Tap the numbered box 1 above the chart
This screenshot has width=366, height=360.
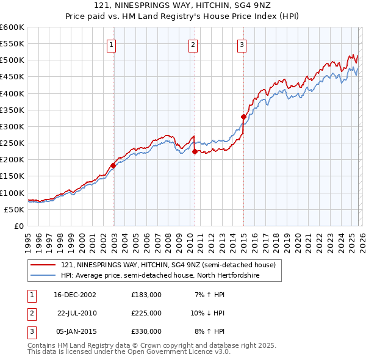(113, 44)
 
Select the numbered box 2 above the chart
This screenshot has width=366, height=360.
(193, 44)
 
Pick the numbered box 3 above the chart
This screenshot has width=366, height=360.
(242, 44)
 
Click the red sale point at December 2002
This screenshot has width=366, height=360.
(113, 165)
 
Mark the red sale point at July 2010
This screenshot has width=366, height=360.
(195, 151)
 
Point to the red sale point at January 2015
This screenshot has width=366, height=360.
(243, 117)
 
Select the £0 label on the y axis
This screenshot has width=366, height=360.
(19, 226)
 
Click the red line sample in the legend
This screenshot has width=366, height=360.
(43, 265)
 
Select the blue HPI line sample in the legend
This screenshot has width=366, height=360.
(43, 276)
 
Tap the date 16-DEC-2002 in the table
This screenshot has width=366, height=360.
(75, 295)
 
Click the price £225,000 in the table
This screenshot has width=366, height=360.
(146, 313)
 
